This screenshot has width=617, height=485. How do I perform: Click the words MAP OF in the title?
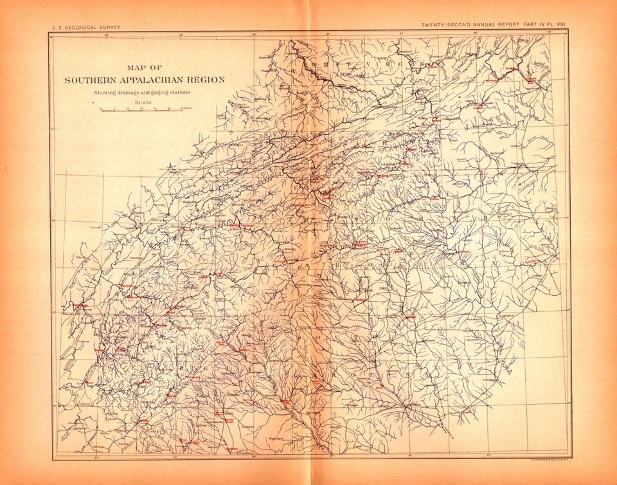pos(143,66)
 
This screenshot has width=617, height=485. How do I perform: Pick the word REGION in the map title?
pos(204,80)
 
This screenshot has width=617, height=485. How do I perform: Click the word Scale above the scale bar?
pos(143,102)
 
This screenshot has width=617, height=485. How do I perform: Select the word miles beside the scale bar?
pos(186,110)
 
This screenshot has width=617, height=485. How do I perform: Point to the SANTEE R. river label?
pos(450,432)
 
